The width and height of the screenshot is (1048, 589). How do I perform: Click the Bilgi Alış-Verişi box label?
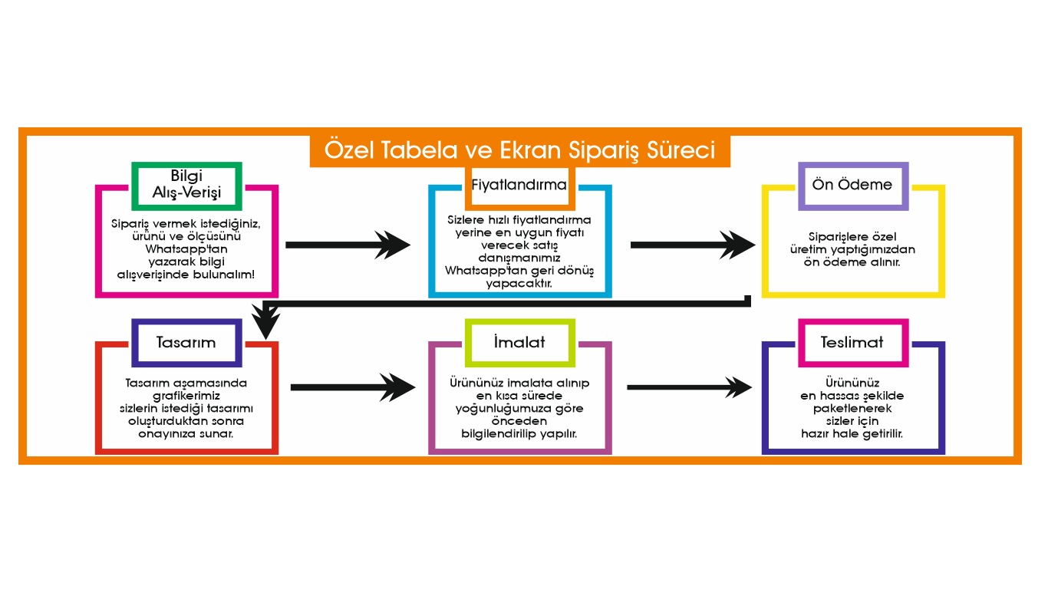[186, 184]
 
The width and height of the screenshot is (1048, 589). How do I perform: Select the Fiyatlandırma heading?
[519, 185]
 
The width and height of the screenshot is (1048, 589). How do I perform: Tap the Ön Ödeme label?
[852, 184]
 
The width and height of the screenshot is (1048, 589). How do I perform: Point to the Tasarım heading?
[186, 342]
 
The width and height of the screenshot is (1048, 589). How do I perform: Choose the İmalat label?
[519, 341]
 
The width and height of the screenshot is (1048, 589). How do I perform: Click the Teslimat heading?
[852, 342]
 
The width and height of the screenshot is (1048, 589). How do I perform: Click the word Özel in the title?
[344, 150]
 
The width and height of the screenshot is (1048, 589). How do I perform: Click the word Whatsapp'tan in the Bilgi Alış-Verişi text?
[186, 249]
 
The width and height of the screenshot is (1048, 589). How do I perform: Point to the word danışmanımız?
[519, 258]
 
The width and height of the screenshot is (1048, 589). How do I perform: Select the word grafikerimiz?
[186, 396]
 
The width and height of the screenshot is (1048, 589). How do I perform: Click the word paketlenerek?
[852, 409]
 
